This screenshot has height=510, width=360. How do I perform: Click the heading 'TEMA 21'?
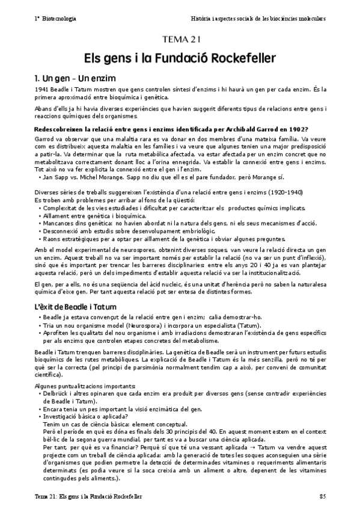pyautogui.click(x=180, y=40)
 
